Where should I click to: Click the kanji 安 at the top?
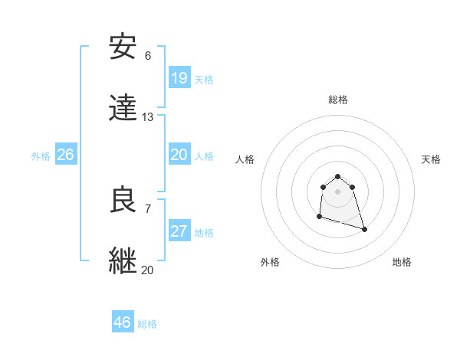[x=123, y=47]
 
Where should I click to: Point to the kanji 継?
[x=123, y=261]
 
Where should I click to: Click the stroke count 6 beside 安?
[x=148, y=56]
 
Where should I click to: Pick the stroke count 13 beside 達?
[x=148, y=117]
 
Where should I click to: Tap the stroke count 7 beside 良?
[x=148, y=208]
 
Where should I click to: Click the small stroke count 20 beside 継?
[x=148, y=270]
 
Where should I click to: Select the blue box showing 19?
[x=179, y=78]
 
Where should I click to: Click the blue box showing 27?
[x=179, y=231]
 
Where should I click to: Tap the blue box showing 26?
[x=66, y=155]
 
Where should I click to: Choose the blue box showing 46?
[x=122, y=322]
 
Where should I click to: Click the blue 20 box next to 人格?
[x=179, y=155]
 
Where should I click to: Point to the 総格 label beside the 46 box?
[x=147, y=324]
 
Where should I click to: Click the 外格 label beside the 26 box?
[x=41, y=156]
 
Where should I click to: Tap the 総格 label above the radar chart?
[x=338, y=100]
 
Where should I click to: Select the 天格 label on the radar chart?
[x=431, y=159]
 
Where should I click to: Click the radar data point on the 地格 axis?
[x=364, y=230]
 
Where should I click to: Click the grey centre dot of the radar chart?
[x=337, y=191]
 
